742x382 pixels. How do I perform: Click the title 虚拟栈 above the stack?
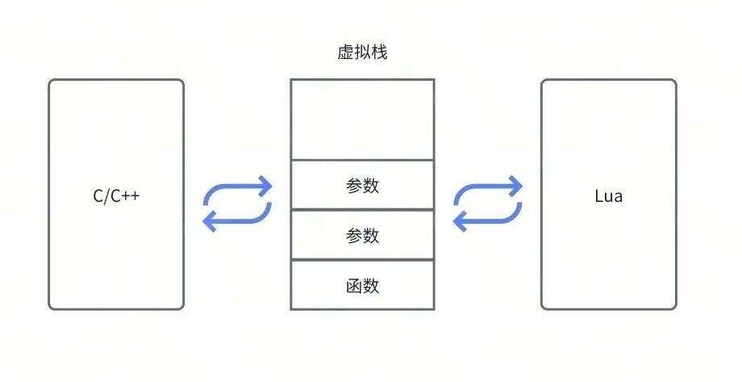coord(362,52)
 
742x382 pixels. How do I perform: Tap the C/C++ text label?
coord(116,195)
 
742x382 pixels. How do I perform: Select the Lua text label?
coord(609,195)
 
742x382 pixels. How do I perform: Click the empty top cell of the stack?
coord(362,120)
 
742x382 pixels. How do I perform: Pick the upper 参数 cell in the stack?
coord(362,185)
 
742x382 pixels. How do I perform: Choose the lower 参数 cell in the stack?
coord(362,235)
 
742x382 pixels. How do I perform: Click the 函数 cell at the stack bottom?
coord(362,285)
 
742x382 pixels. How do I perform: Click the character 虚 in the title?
coord(346,52)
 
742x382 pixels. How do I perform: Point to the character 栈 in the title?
coord(380,52)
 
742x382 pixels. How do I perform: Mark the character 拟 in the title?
coord(362,52)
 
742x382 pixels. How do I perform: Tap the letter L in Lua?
coord(599,195)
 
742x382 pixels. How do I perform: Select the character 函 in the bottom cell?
coord(354,286)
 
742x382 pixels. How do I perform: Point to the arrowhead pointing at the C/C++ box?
coord(210,220)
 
